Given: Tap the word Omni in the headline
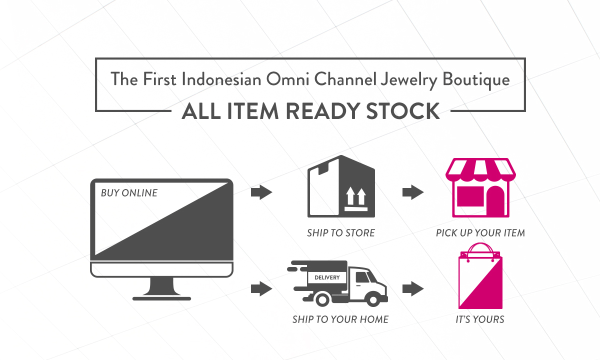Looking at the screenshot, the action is (287, 79).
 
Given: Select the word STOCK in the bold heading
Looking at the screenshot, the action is (403, 111).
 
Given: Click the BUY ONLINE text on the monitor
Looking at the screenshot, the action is (129, 193).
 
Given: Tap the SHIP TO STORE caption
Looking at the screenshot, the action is (340, 233).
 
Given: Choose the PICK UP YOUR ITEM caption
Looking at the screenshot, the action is (480, 233).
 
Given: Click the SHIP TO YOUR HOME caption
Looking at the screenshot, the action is (340, 319).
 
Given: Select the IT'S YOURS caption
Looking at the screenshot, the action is (480, 319).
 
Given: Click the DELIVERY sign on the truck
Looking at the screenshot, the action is (327, 277).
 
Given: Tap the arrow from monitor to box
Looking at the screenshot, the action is (261, 192).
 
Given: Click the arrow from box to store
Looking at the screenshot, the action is (413, 192).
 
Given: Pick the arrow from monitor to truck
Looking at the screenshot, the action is (261, 289).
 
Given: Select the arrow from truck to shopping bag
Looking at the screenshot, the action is (413, 289).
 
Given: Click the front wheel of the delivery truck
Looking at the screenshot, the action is (372, 299).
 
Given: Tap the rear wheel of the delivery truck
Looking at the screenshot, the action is (322, 299).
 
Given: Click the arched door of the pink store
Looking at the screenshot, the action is (495, 200).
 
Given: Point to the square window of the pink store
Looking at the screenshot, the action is (470, 196).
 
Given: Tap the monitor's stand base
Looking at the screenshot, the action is (162, 298).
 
